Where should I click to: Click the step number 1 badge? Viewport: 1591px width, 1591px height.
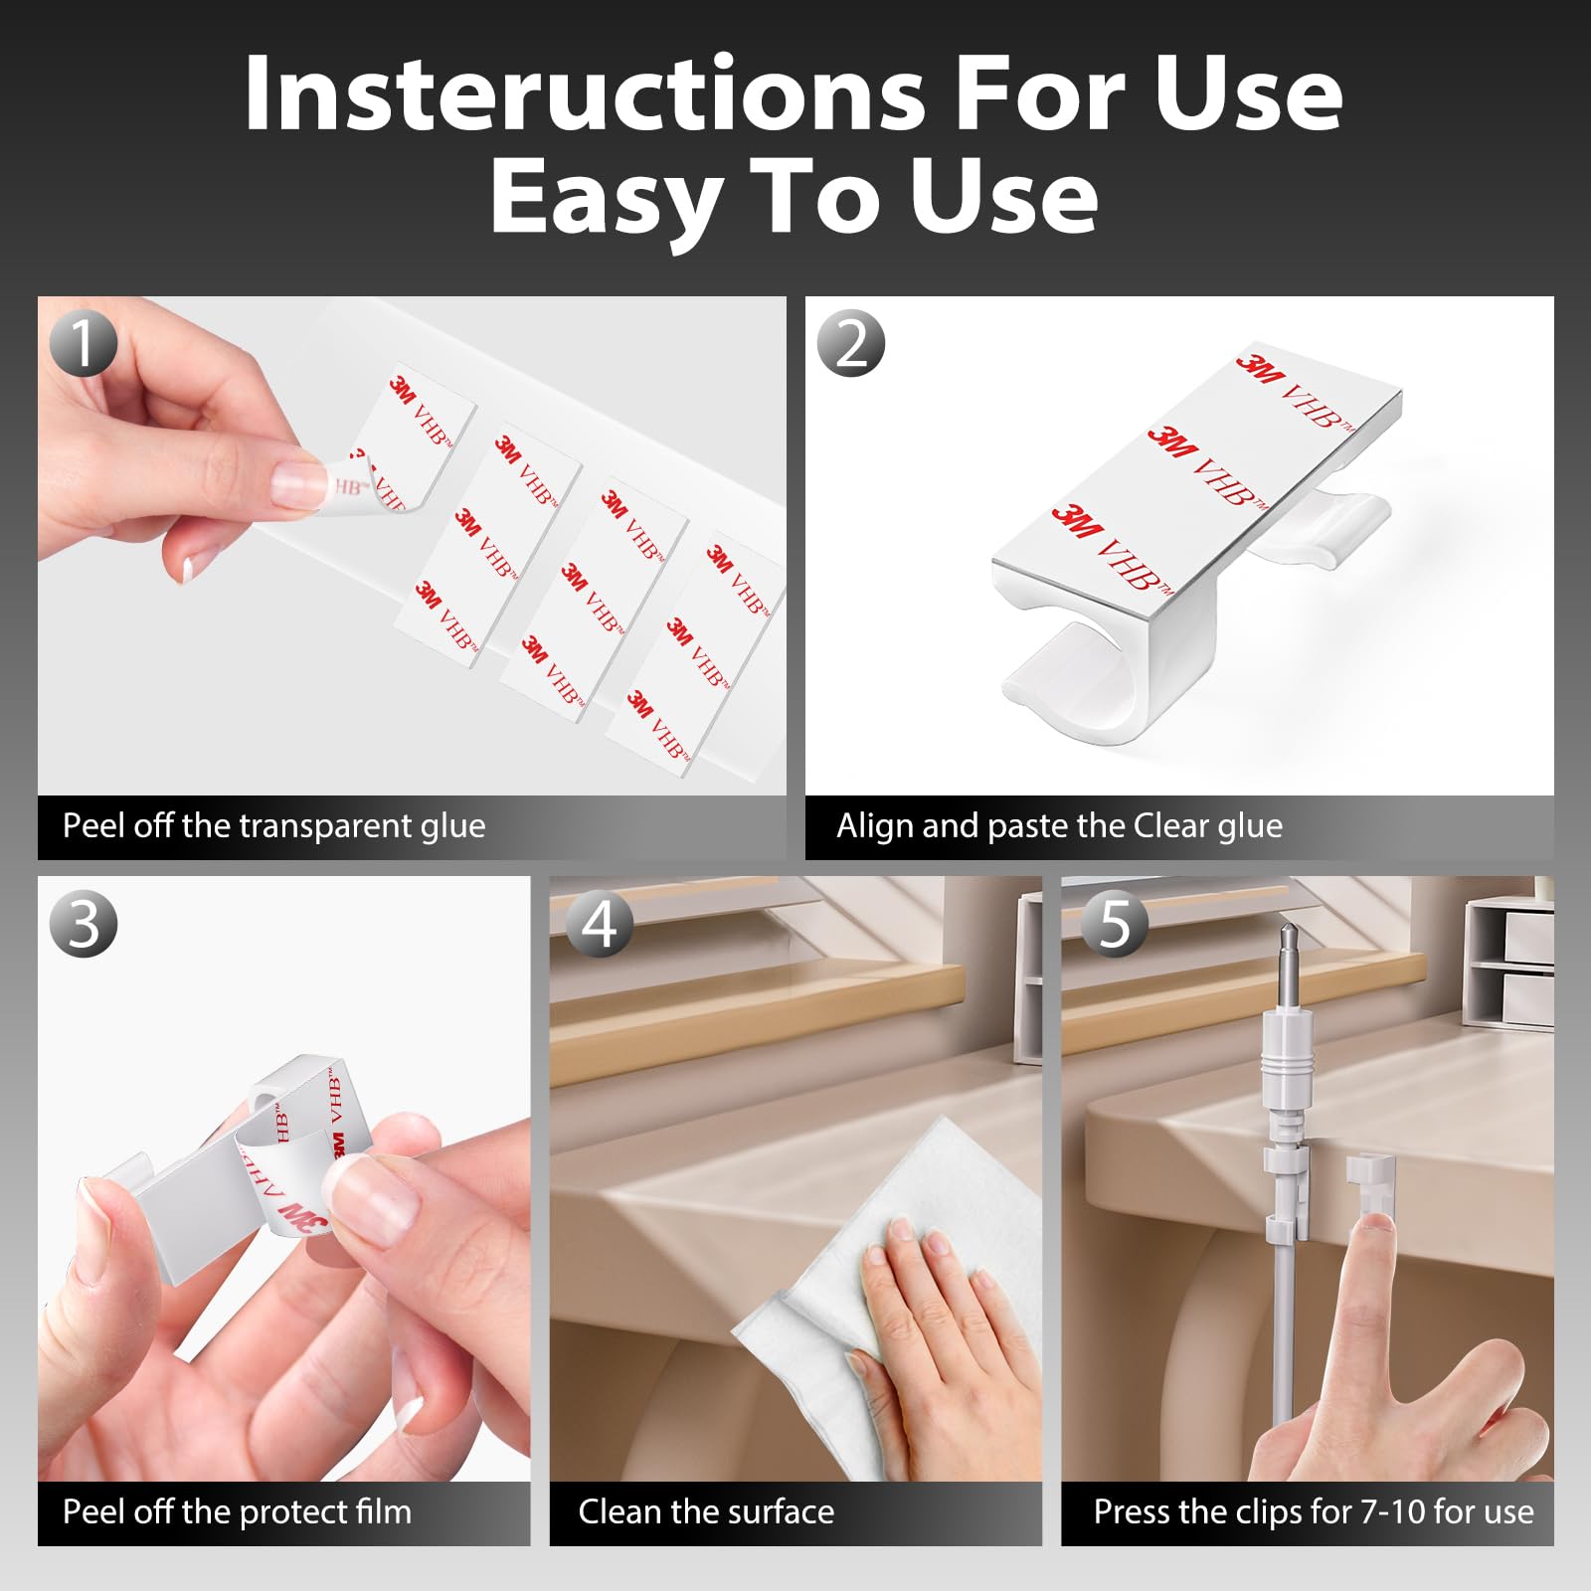[84, 342]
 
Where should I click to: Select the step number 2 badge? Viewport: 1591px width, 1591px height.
[851, 342]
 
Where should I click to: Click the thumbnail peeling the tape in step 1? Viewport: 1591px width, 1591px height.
[301, 482]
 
